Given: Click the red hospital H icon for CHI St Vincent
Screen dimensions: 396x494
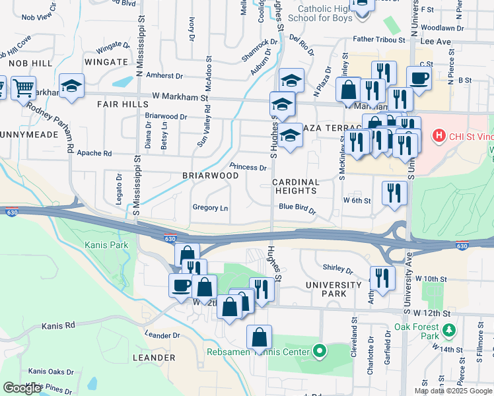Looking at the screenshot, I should point(437,137).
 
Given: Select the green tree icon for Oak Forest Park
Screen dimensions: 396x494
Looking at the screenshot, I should point(449,329).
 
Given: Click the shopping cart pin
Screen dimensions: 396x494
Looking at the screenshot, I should point(23,86).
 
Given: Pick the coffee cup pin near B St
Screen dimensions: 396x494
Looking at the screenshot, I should point(419,78).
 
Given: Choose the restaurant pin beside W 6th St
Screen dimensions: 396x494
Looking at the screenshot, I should point(394,193).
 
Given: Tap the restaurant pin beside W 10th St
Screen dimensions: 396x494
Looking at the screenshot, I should point(382,277).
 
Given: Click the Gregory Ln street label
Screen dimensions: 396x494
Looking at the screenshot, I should point(210,208).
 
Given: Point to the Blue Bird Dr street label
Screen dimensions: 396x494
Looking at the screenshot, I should point(297,207).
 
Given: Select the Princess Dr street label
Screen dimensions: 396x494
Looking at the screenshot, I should point(248,167).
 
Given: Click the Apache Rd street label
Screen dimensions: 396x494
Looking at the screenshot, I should point(94,153).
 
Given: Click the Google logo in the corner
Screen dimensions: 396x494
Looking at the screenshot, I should point(22,388).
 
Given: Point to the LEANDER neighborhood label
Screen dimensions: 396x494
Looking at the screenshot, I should point(153,358).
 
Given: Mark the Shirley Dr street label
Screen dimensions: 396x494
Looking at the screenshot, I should point(338,269).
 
